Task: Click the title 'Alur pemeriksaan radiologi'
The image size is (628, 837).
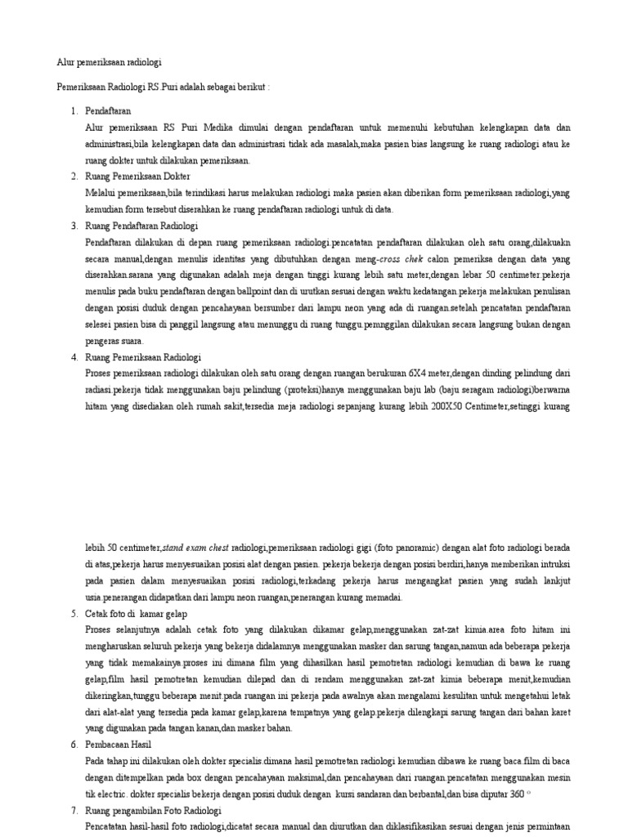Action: [114, 62]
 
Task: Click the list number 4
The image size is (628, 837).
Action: [74, 357]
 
